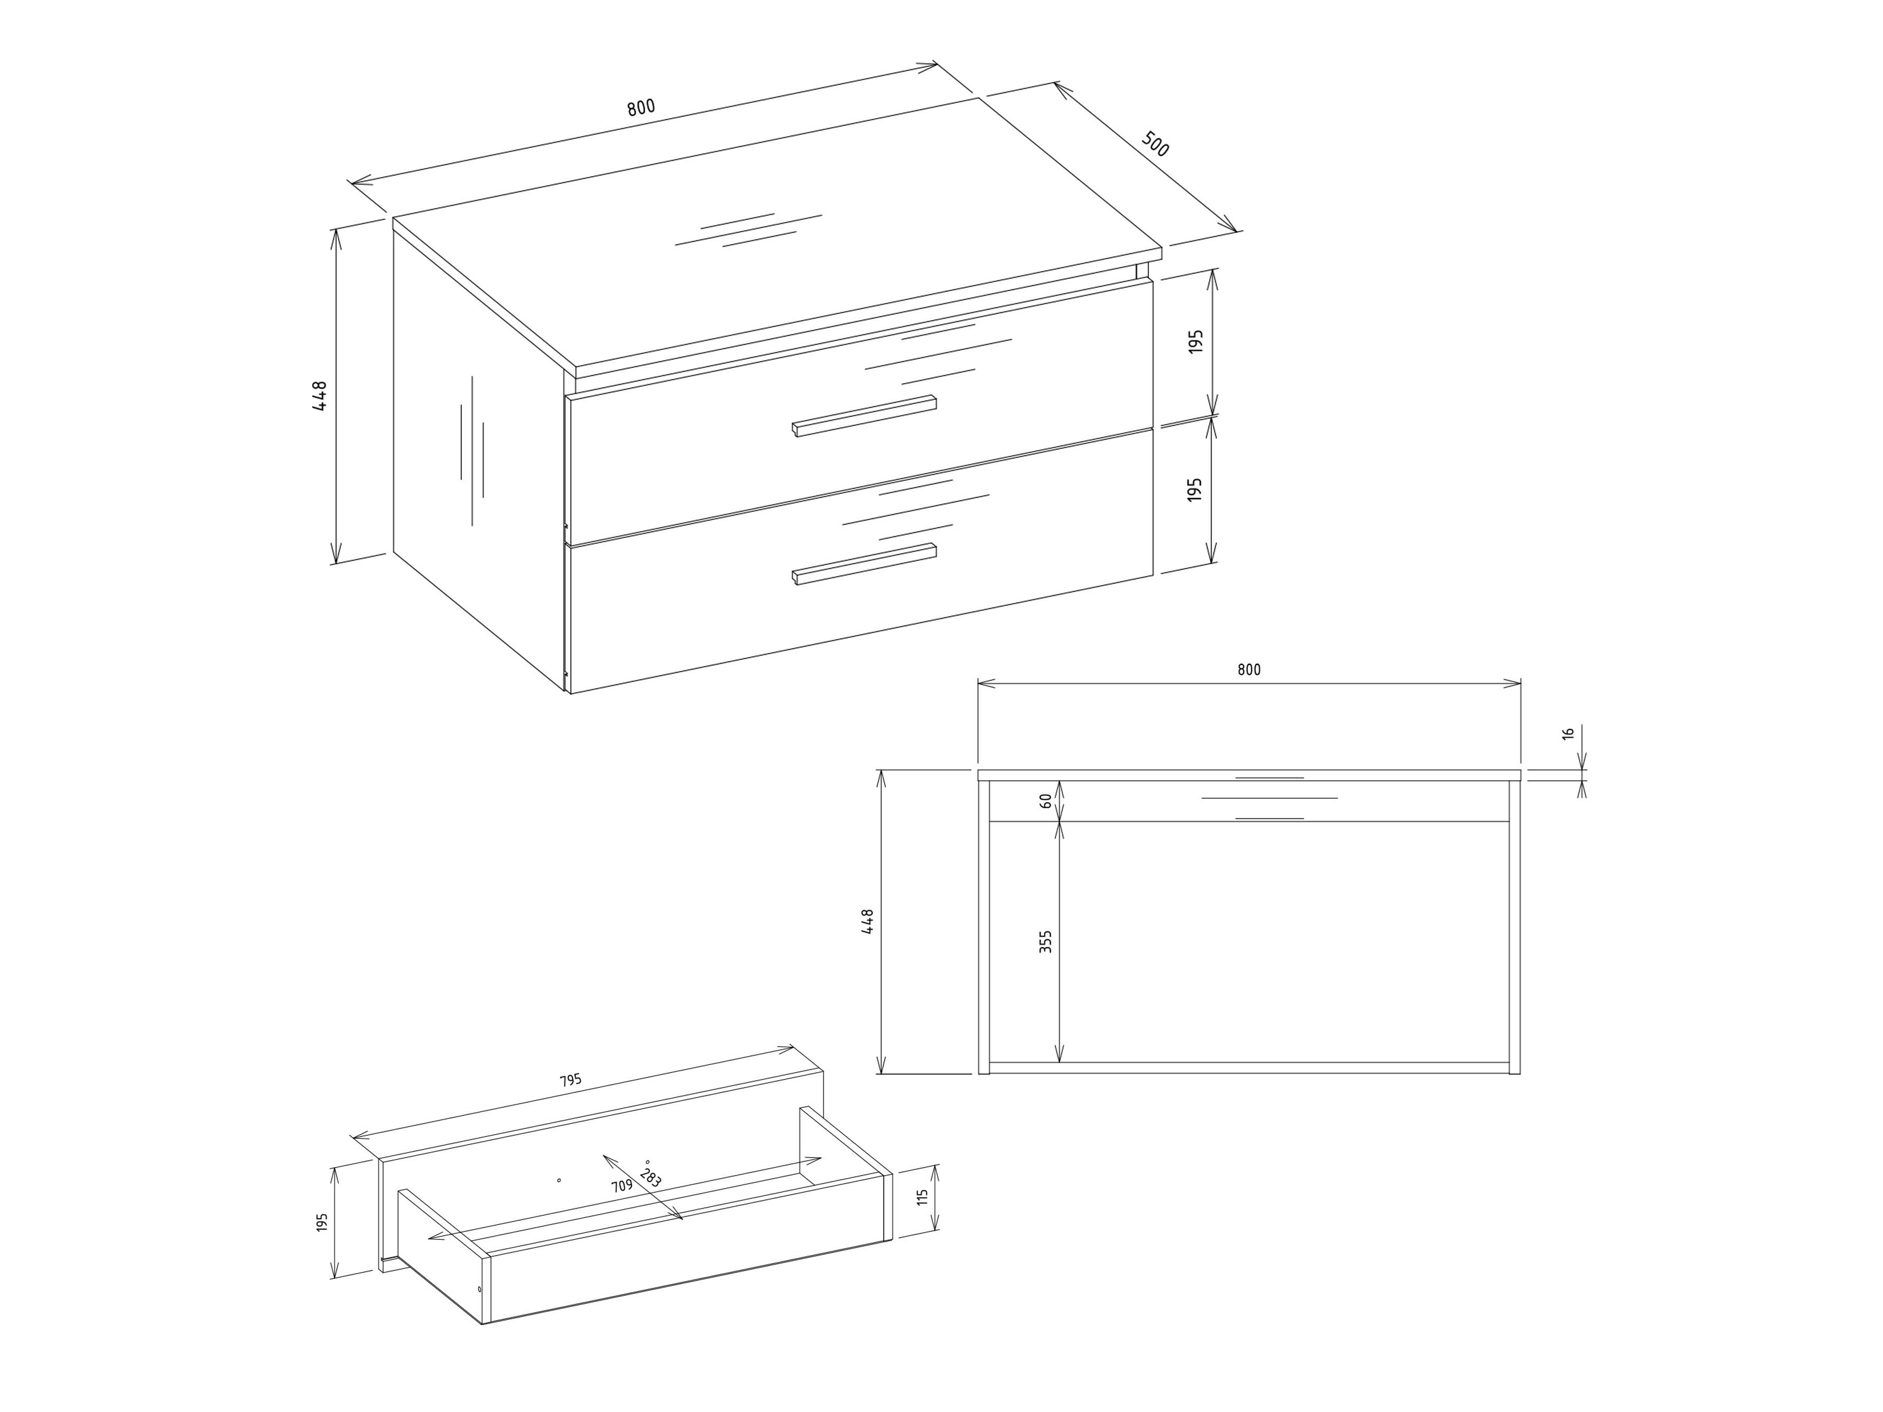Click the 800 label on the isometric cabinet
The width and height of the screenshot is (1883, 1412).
point(641,107)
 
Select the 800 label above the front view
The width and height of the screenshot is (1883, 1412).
point(1249,670)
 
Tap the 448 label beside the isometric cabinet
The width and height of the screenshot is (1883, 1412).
point(320,396)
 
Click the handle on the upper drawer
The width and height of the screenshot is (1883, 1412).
point(864,416)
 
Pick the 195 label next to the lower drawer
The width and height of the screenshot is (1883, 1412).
point(1195,489)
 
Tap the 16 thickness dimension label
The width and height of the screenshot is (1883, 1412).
point(1568,734)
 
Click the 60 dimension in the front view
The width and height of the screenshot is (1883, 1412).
point(1046,800)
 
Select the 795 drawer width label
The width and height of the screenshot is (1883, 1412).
point(570,1080)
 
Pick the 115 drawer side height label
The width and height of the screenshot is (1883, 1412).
point(922,1197)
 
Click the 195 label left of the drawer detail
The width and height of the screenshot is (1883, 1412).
point(322,1222)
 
